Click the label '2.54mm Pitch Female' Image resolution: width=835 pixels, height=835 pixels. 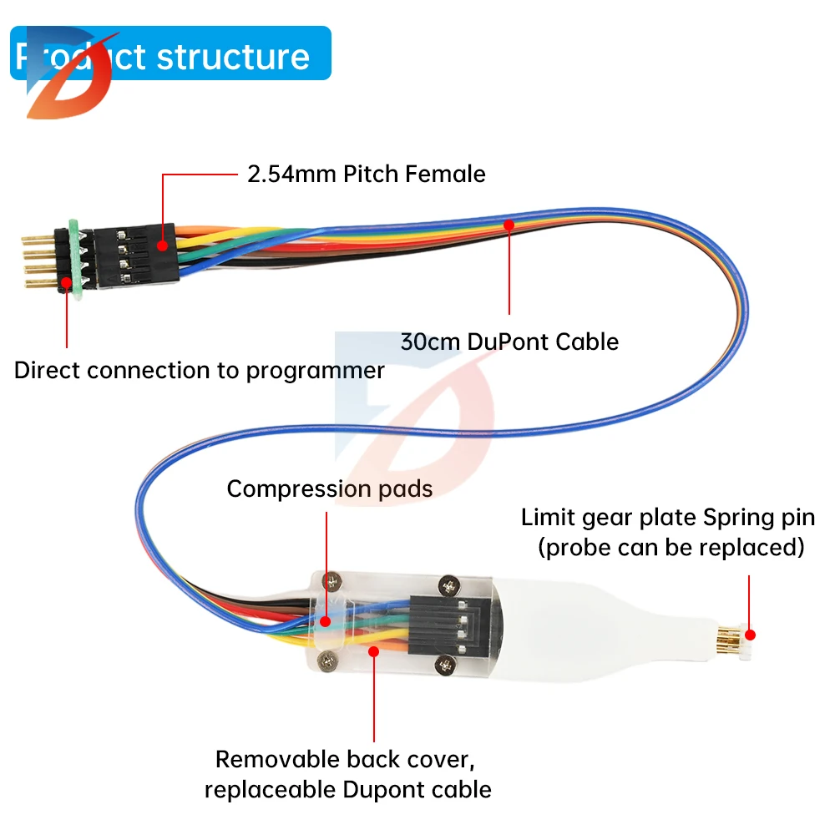[x=366, y=174]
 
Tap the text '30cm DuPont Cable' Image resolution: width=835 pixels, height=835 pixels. [x=509, y=342]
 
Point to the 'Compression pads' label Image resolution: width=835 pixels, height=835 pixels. [x=330, y=488]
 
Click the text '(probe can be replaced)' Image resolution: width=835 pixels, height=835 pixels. [x=671, y=548]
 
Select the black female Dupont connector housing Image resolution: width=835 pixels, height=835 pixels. [x=134, y=254]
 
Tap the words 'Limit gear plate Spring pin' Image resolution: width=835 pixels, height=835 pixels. [x=668, y=517]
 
